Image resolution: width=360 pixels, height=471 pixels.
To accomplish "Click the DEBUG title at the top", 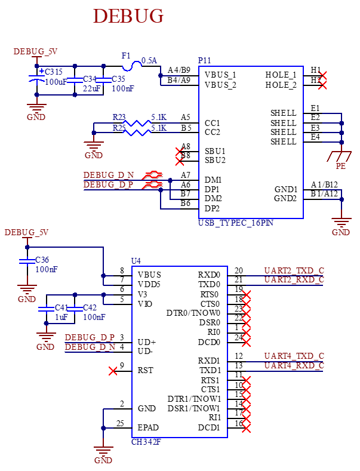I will [128, 16].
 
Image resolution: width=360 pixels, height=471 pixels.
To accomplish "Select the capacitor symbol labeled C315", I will [36, 76].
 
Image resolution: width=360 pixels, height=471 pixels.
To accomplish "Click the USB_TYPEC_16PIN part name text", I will [236, 223].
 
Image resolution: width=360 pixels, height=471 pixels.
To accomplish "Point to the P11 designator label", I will [204, 60].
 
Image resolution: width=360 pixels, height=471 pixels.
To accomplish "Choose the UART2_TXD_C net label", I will [294, 270].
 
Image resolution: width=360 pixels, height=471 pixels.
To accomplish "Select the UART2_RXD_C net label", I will [294, 279].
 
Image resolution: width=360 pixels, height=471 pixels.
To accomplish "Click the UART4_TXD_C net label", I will [294, 356].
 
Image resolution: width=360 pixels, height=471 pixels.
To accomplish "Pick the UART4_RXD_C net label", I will [294, 365].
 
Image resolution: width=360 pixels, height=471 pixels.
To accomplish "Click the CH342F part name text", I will [145, 442].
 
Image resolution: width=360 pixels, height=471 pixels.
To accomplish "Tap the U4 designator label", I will [136, 260].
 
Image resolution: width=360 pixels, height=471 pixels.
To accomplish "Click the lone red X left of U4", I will [113, 371].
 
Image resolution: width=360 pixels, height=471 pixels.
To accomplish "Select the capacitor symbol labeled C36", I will [27, 261].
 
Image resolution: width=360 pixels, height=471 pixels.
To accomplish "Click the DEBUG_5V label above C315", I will [35, 52].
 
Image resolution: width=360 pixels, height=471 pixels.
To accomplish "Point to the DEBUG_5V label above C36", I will [26, 232].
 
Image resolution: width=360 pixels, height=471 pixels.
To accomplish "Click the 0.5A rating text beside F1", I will [149, 60].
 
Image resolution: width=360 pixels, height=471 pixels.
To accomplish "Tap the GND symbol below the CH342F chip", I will [103, 453].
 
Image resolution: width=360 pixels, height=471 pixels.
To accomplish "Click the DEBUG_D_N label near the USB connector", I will [109, 175].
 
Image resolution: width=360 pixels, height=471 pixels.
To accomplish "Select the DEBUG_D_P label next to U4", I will [90, 337].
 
